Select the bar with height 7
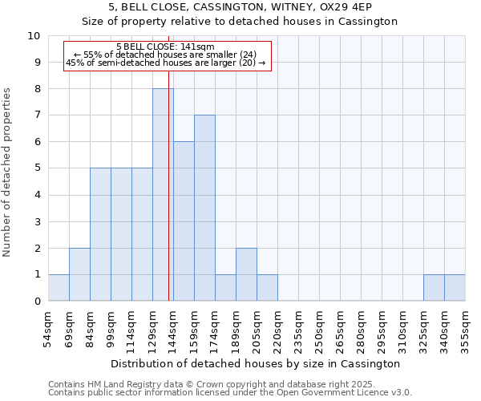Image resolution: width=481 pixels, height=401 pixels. [x=204, y=209]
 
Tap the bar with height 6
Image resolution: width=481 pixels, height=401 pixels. [x=184, y=221]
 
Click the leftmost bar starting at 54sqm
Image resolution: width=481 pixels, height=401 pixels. [x=59, y=288]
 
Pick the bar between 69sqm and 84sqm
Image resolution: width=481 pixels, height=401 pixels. [x=79, y=274]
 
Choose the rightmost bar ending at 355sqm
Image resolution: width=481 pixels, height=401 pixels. [x=455, y=288]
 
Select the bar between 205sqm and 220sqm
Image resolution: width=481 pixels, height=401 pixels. [x=267, y=288]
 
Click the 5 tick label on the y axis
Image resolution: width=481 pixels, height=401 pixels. [x=37, y=168]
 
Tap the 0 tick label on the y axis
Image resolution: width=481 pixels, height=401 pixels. [x=37, y=302]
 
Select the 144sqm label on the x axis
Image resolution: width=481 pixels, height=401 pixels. [x=173, y=330]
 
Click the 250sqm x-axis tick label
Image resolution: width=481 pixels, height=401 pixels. [x=319, y=330]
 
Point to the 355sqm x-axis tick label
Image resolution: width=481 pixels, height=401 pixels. [x=465, y=330]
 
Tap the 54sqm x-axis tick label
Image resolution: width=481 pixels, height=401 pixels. [x=48, y=330]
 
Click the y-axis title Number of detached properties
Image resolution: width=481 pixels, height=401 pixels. [x=8, y=172]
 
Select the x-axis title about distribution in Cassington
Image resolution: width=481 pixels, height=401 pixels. [x=257, y=363]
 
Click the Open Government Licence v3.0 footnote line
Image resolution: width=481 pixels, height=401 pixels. [x=230, y=393]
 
